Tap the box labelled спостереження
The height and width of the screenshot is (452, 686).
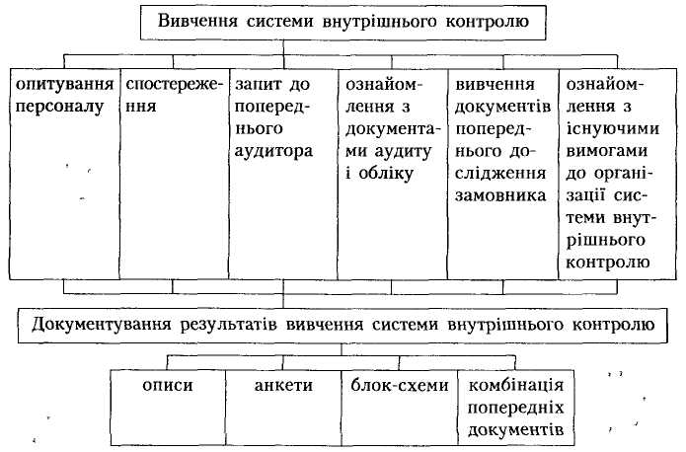(174, 168)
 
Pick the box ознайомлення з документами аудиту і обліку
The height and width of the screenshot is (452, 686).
(393, 168)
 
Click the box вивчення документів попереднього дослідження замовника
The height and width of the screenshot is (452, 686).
(502, 168)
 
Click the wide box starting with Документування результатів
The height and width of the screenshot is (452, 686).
(337, 323)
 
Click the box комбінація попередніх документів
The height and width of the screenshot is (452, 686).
(515, 405)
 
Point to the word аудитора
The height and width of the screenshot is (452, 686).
(273, 152)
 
